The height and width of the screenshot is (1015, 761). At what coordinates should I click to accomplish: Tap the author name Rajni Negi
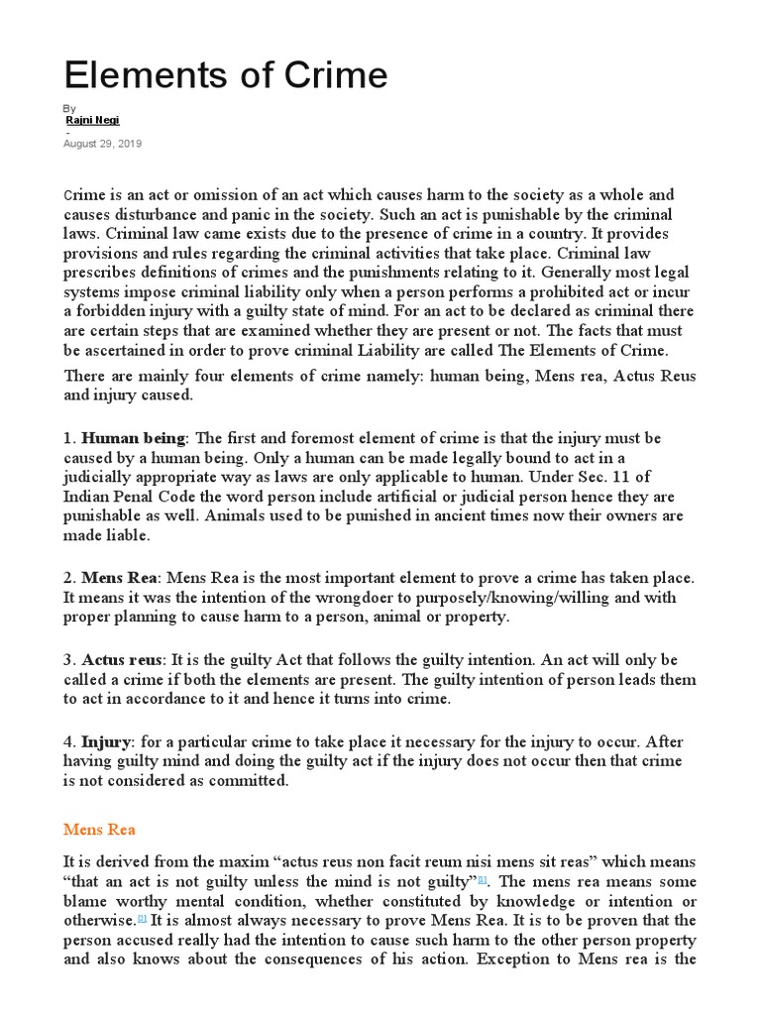click(x=92, y=120)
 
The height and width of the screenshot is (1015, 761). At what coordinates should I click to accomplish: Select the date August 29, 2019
click(x=103, y=144)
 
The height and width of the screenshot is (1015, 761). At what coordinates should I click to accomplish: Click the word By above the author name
click(x=69, y=108)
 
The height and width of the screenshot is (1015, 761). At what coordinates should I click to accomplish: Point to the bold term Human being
click(x=133, y=438)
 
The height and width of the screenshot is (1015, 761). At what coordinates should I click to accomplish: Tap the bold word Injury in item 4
click(x=106, y=742)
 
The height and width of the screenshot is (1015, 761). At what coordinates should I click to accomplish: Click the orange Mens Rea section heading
click(x=99, y=829)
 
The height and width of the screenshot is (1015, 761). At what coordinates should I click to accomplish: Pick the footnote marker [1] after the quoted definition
click(x=483, y=879)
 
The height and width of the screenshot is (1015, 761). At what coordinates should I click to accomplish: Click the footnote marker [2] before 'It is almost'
click(x=143, y=919)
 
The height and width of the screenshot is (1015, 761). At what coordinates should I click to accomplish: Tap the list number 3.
click(x=67, y=660)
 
